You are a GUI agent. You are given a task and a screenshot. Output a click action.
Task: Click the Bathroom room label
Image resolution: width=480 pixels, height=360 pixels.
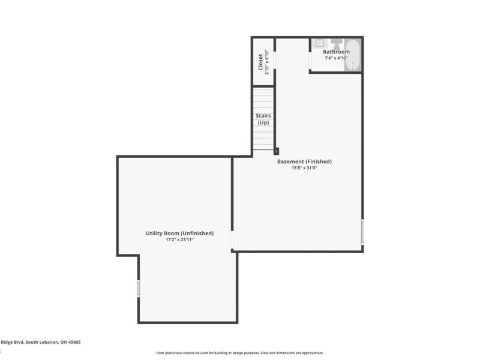(336, 52)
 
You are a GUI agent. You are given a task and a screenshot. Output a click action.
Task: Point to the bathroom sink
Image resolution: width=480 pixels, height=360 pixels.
(320, 43)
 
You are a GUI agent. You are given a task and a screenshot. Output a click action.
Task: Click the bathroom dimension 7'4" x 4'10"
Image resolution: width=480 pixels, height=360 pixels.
(336, 58)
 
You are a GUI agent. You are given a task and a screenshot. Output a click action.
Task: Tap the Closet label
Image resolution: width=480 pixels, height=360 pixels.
(260, 62)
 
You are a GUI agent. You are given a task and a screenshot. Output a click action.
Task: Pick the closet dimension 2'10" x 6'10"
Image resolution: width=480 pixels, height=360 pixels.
(267, 62)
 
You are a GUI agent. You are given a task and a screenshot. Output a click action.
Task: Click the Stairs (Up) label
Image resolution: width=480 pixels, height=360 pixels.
(263, 119)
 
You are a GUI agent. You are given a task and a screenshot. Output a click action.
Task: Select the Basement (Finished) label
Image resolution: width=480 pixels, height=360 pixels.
(304, 161)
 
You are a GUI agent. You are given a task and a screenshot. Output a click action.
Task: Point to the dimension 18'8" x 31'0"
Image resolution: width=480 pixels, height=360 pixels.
(304, 168)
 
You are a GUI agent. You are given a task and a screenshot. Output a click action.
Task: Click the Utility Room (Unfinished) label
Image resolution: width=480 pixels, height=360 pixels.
(179, 233)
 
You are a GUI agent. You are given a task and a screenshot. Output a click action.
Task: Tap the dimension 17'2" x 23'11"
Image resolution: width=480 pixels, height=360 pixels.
(179, 240)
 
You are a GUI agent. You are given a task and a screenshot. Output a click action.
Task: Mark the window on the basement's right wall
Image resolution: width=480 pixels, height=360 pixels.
(362, 232)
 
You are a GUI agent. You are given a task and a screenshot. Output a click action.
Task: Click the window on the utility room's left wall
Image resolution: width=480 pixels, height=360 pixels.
(138, 289)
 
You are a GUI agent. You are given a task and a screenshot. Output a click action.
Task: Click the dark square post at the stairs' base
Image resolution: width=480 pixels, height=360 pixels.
(276, 152)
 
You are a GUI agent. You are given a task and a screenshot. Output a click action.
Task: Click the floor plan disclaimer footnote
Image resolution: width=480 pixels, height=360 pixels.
(240, 353)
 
